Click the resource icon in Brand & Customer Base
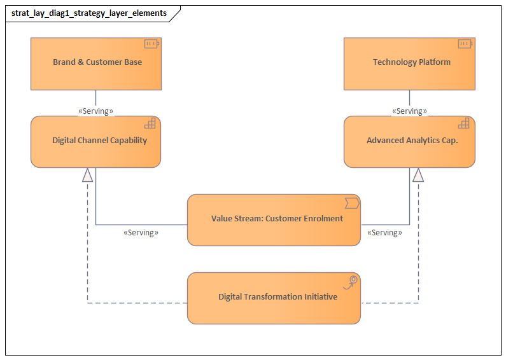point(151,44)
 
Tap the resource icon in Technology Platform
point(465,44)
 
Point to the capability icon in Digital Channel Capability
point(150,123)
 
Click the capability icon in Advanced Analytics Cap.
point(464,123)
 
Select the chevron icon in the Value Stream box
point(352,203)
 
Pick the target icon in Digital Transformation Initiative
point(353,280)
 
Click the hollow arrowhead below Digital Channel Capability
point(87,175)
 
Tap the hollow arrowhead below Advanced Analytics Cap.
point(418,175)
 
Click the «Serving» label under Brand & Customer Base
point(96,111)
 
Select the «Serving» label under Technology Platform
point(409,111)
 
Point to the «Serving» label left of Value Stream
point(141,233)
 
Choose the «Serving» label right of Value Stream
point(384,233)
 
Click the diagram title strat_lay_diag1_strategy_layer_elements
point(89,13)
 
